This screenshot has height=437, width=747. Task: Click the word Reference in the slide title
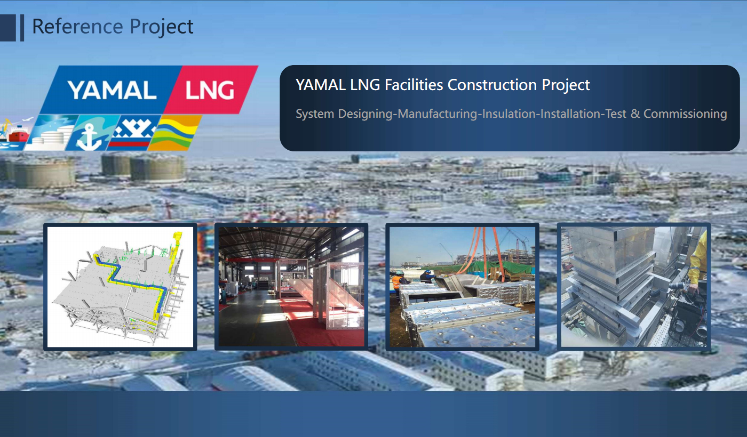78,26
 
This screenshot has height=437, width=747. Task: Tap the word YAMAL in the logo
112,90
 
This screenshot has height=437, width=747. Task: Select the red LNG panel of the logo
211,90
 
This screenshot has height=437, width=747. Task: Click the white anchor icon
89,136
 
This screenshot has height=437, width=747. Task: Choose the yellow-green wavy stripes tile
175,132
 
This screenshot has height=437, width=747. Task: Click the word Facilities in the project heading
414,85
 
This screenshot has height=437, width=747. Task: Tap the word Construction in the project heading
492,85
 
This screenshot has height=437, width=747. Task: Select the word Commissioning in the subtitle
685,114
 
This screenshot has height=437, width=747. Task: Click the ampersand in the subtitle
635,114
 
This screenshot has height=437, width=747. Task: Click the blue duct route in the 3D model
136,282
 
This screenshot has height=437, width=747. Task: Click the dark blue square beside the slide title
7,28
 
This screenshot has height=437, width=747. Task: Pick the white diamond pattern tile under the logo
133,133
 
